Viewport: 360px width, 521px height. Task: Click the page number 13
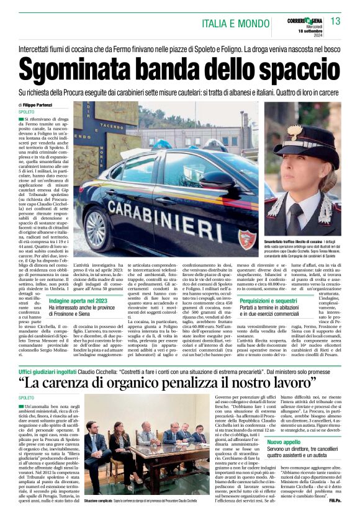point(336,22)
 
